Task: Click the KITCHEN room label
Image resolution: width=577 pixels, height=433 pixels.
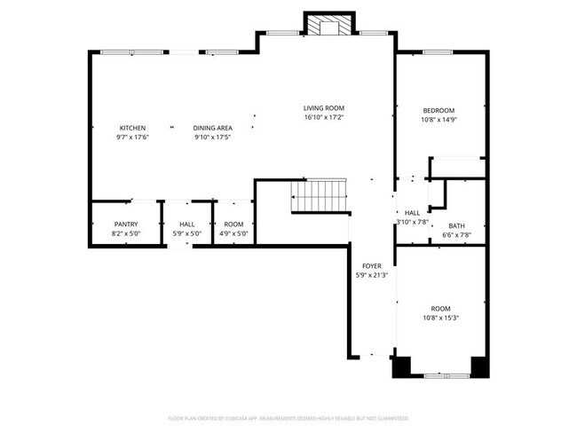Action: pyautogui.click(x=132, y=128)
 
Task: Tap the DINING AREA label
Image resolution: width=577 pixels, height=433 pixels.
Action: pyautogui.click(x=212, y=128)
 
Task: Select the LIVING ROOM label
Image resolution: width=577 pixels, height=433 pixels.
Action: pyautogui.click(x=323, y=107)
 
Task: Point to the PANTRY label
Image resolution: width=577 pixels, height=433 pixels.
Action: pyautogui.click(x=126, y=224)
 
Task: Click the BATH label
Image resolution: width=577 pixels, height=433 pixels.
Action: pyautogui.click(x=456, y=225)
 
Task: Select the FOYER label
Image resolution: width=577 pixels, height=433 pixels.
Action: pyautogui.click(x=371, y=266)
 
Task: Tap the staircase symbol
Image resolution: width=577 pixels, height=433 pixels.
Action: pyautogui.click(x=319, y=195)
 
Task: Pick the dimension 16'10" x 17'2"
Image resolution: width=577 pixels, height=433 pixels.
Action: pyautogui.click(x=323, y=117)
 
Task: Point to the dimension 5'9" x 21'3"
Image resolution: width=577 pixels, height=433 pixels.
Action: pyautogui.click(x=371, y=275)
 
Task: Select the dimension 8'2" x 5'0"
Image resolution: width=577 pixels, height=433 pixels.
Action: pyautogui.click(x=126, y=234)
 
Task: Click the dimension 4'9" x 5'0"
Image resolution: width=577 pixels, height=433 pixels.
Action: pyautogui.click(x=233, y=234)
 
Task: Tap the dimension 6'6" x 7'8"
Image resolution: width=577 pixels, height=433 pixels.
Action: pyautogui.click(x=456, y=235)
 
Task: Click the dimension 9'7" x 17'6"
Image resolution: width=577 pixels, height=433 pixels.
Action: pyautogui.click(x=132, y=138)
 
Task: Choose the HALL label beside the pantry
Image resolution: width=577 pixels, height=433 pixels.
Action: pyautogui.click(x=187, y=224)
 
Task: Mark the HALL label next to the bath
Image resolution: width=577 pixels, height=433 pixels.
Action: pyautogui.click(x=412, y=213)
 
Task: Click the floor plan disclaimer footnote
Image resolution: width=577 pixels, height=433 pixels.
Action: pyautogui.click(x=288, y=417)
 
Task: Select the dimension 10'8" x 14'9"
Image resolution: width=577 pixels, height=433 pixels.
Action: pyautogui.click(x=439, y=120)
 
